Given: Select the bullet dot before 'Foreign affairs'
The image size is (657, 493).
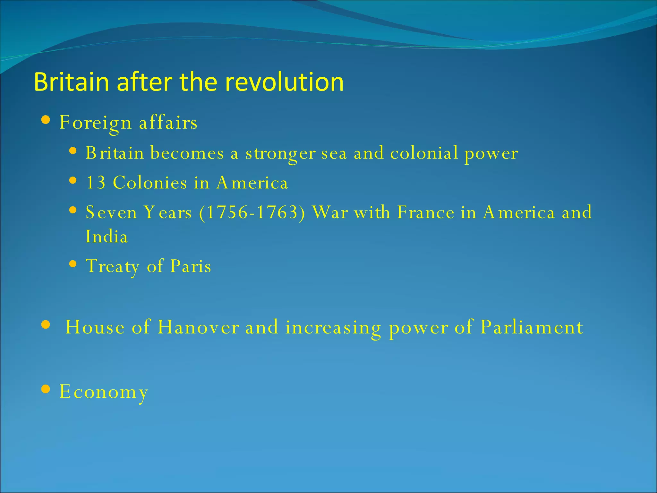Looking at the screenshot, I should pos(46,120).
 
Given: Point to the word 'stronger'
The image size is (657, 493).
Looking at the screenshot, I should pos(280,153).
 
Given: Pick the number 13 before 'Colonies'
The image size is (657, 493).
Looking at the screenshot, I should pos(96,183).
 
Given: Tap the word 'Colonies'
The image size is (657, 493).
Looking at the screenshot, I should pos(150,183).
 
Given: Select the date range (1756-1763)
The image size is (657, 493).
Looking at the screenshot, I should pos(252,212).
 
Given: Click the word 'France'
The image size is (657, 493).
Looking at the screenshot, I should pos(425,212).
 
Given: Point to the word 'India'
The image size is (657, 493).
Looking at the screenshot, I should pos(107,237).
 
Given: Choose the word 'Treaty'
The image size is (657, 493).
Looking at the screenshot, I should pos(113,266).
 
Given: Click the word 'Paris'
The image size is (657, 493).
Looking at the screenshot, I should pos(191,266).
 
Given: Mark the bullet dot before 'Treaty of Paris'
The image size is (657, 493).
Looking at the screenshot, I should pos(73,264).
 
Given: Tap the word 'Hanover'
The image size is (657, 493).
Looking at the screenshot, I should pos(198,327).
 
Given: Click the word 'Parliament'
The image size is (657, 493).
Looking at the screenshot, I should pos(532,327).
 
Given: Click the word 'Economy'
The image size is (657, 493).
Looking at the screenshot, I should pos(104,392).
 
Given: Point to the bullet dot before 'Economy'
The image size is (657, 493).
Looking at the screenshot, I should pos(46,389).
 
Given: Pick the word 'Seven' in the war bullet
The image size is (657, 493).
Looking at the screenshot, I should pos(111,212).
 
